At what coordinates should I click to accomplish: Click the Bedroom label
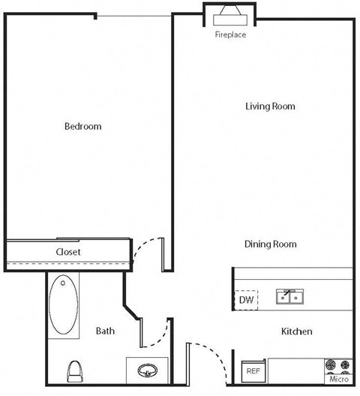82,126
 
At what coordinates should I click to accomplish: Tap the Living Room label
270,106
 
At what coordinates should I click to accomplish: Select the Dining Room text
270,244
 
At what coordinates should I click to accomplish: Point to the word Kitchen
296,331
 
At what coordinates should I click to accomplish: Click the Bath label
105,331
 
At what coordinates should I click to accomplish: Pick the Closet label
68,252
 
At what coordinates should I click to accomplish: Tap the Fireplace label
230,34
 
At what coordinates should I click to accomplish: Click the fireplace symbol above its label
230,16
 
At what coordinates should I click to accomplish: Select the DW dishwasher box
247,300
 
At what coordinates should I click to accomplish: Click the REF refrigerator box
252,370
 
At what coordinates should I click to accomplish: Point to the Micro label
339,379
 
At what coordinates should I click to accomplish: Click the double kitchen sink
289,298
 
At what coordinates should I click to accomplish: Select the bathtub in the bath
64,307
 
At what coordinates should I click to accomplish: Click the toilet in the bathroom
73,371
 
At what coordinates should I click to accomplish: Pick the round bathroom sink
146,370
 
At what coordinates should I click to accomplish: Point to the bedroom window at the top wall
135,16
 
